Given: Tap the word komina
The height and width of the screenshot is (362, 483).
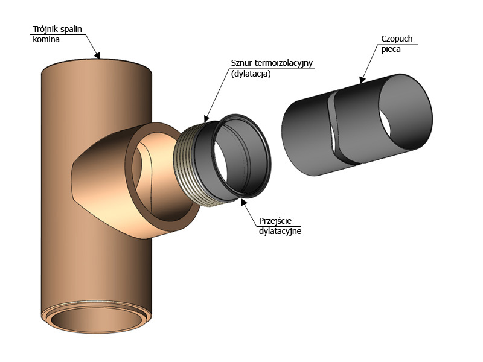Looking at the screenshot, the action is tap(46, 39).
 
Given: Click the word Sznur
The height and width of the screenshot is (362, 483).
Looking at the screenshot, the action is tap(241, 63).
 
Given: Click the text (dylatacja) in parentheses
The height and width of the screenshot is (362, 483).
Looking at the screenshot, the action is tap(251, 74).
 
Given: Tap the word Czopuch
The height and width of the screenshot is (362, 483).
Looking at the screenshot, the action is tap(397, 39).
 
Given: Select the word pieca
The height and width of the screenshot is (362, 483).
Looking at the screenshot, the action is tap(391, 49).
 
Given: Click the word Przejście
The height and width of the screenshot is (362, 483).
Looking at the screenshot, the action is tap(275, 221).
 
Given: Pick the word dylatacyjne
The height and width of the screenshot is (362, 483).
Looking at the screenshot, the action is tap(280, 231).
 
